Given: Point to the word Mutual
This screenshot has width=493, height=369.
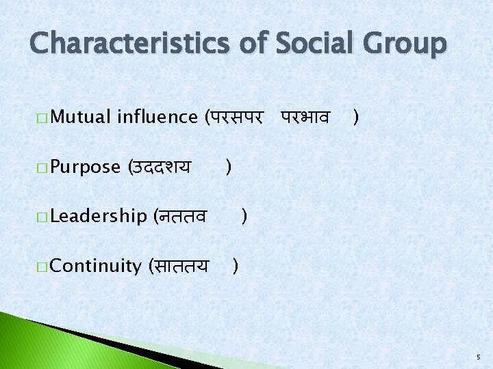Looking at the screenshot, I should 80,117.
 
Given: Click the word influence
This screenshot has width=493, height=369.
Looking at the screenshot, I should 157,117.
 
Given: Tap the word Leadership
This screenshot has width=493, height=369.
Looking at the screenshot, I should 99,217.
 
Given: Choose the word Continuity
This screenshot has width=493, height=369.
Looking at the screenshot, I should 95,266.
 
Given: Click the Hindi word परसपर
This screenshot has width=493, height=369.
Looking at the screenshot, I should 236,118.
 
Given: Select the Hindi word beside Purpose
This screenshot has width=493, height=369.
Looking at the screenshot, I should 160,167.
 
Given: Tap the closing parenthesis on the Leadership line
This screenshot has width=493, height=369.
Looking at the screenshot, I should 244,217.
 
